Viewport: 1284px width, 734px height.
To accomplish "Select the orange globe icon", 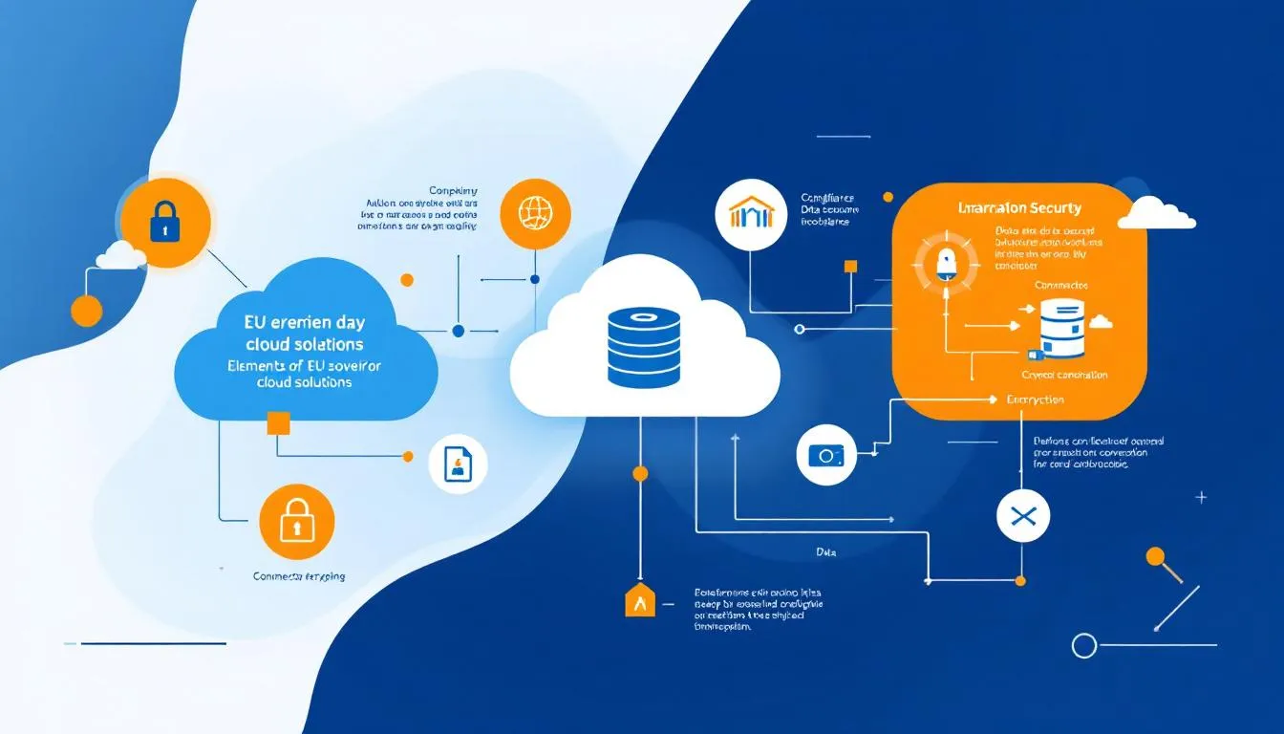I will click(x=534, y=211).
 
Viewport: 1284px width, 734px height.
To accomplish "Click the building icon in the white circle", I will click(x=750, y=214).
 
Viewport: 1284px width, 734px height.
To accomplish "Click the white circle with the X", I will click(x=1022, y=517).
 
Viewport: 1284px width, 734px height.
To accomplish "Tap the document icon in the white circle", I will click(x=459, y=465).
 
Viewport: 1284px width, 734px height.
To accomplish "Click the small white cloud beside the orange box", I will click(x=1156, y=213).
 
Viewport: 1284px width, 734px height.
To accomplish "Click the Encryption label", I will click(x=1035, y=399).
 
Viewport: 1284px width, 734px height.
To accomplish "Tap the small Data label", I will click(x=827, y=552).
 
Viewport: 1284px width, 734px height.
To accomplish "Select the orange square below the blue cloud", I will click(x=278, y=423).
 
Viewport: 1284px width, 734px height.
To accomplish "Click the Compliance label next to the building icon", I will click(x=828, y=198).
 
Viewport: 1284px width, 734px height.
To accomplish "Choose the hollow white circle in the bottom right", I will click(x=1083, y=646).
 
